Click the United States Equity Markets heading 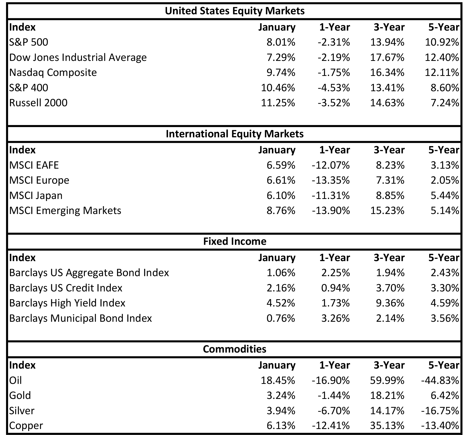pyautogui.click(x=235, y=11)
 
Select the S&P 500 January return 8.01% pyautogui.click(x=281, y=42)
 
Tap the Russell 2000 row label pyautogui.click(x=38, y=103)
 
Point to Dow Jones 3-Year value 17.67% pyautogui.click(x=387, y=57)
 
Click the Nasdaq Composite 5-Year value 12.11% pyautogui.click(x=442, y=72)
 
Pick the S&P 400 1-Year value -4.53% pyautogui.click(x=334, y=88)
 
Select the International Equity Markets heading pyautogui.click(x=235, y=134)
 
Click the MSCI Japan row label pyautogui.click(x=36, y=195)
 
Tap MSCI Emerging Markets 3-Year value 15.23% pyautogui.click(x=387, y=210)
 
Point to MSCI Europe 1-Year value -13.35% pyautogui.click(x=331, y=180)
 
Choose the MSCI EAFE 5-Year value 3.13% pyautogui.click(x=445, y=165)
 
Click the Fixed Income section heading pyautogui.click(x=235, y=241)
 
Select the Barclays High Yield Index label pyautogui.click(x=67, y=303)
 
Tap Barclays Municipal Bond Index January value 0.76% pyautogui.click(x=281, y=318)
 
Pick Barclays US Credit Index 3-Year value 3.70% pyautogui.click(x=390, y=288)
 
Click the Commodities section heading pyautogui.click(x=235, y=349)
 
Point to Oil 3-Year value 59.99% pyautogui.click(x=387, y=380)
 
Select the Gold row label pyautogui.click(x=20, y=395)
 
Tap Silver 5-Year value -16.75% pyautogui.click(x=440, y=411)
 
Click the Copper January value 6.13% pyautogui.click(x=281, y=425)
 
